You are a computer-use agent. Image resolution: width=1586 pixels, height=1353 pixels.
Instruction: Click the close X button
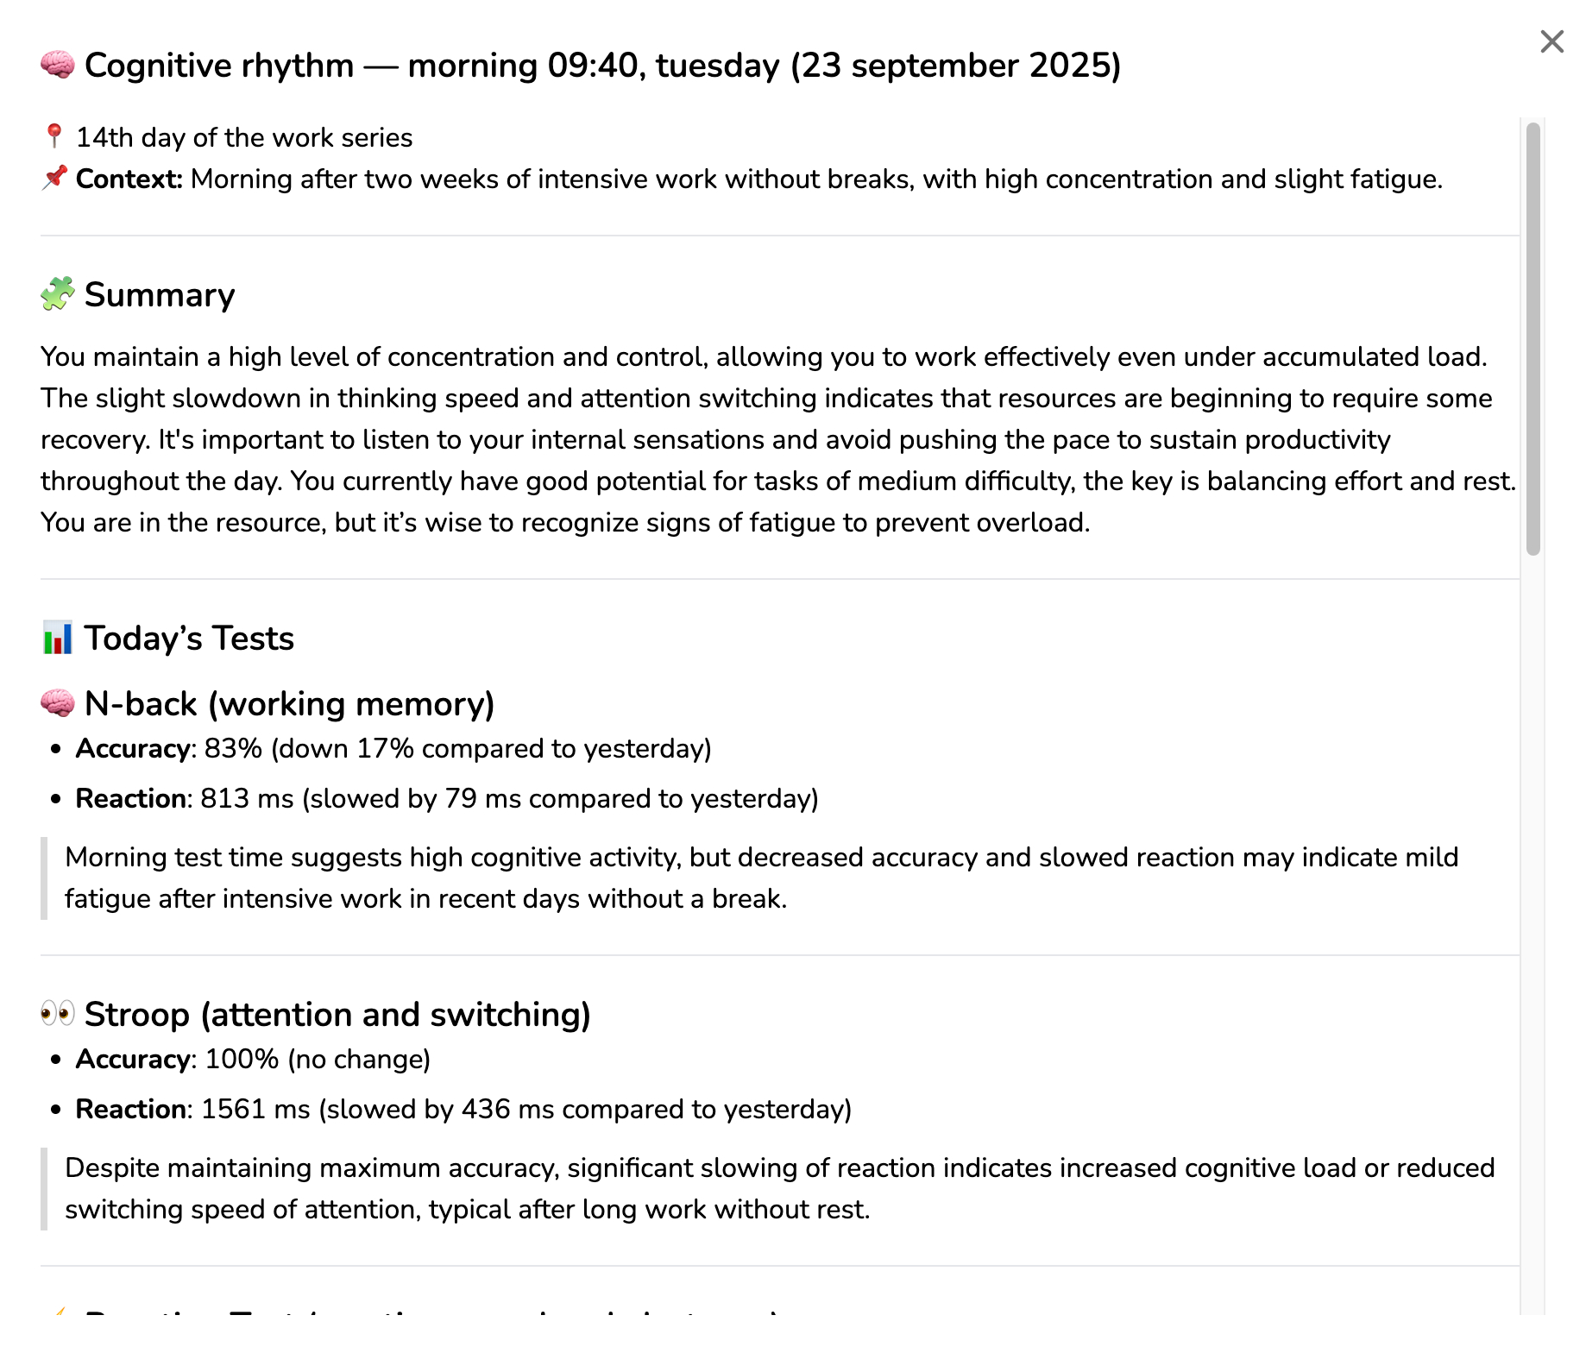(x=1551, y=41)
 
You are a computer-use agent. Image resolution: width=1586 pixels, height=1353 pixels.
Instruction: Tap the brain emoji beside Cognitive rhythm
(x=58, y=66)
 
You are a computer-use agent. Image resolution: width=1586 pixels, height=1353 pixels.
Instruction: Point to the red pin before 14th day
(x=53, y=136)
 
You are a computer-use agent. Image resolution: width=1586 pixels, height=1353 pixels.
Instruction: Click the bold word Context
(x=129, y=179)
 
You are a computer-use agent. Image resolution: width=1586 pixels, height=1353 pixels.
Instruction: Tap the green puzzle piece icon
(x=58, y=294)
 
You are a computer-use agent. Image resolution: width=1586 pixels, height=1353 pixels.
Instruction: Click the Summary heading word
(x=160, y=295)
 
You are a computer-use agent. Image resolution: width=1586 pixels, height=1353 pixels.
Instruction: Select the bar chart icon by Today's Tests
(x=58, y=639)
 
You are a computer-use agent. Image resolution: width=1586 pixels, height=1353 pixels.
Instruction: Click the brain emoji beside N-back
(x=58, y=704)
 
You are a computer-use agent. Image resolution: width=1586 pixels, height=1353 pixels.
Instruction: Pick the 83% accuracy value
(x=233, y=749)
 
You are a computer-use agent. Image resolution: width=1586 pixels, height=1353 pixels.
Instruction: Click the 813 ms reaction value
(x=247, y=799)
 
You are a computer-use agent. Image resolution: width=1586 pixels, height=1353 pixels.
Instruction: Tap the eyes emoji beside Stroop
(x=58, y=1014)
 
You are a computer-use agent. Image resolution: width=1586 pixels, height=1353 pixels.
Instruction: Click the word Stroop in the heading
(x=136, y=1015)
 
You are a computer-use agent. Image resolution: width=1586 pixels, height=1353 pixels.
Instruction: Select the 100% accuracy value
(x=242, y=1060)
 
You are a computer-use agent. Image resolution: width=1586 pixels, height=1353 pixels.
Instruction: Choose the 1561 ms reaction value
(x=255, y=1110)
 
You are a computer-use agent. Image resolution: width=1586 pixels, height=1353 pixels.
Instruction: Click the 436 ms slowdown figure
(x=507, y=1110)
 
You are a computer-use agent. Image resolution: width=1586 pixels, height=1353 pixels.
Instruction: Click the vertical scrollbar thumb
(x=1533, y=338)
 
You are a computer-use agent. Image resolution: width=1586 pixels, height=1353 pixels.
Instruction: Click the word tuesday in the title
(x=717, y=66)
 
